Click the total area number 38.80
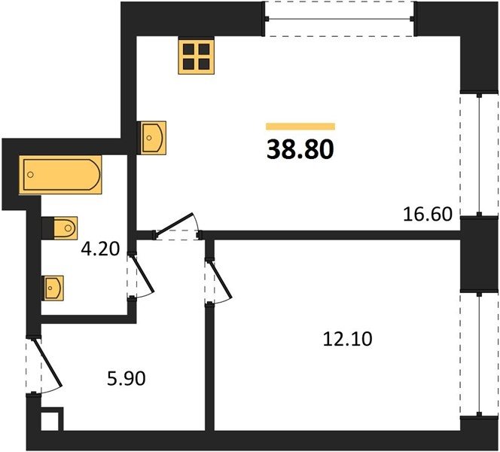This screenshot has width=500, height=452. (300, 149)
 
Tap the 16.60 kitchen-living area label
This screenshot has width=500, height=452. (428, 214)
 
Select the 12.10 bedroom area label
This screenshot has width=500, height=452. (347, 339)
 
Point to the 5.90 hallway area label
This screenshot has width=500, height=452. (127, 379)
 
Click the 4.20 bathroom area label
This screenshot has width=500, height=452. (100, 249)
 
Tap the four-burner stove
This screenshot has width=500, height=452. (196, 56)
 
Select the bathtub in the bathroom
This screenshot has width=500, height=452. (60, 175)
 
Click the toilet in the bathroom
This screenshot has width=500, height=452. (60, 228)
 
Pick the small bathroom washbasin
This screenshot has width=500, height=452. (53, 288)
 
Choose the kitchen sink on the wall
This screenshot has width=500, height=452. (152, 138)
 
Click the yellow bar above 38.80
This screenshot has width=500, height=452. (300, 127)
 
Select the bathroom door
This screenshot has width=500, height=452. (140, 276)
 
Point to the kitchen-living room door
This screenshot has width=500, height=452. (177, 227)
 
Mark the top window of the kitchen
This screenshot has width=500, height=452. (340, 19)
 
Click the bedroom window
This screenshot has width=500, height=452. (479, 354)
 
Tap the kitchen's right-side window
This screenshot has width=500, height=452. (479, 154)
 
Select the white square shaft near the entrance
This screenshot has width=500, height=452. (50, 421)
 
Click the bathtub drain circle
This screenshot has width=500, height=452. (31, 175)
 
